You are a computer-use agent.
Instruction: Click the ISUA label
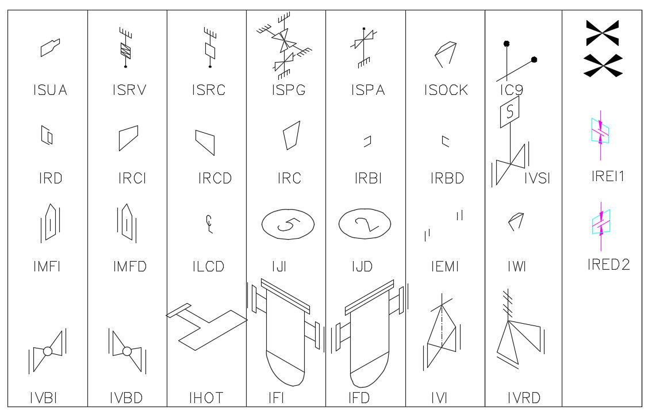(50, 90)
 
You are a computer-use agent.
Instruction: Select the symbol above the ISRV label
(125, 48)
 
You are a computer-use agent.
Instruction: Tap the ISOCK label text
(446, 90)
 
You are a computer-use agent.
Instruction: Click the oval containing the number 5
(288, 224)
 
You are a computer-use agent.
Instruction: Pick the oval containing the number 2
(365, 224)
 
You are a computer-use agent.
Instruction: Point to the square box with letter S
(509, 112)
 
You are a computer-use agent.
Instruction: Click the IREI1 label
(608, 176)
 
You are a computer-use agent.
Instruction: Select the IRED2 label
(608, 264)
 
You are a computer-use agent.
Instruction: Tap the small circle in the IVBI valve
(48, 351)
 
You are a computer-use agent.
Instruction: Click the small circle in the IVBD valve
(127, 351)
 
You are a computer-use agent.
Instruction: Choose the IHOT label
(206, 398)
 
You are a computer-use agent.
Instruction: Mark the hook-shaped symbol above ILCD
(209, 224)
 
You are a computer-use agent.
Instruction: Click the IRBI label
(368, 178)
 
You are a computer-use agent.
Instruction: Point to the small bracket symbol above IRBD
(445, 141)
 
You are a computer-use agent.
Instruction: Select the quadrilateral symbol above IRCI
(129, 138)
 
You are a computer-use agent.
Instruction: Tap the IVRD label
(524, 398)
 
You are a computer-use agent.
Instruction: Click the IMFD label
(130, 266)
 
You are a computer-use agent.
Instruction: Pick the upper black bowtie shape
(603, 33)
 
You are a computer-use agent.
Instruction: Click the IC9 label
(512, 90)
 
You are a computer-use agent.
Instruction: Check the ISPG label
(289, 90)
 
